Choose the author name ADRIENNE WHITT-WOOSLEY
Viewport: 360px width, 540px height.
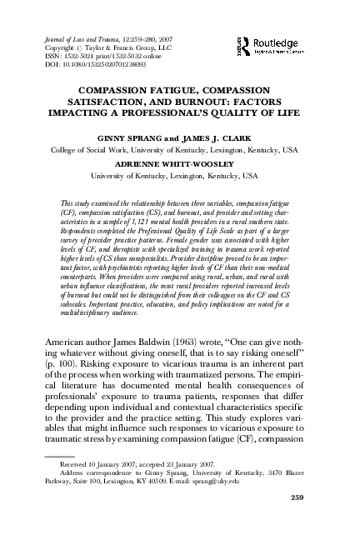(179, 165)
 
